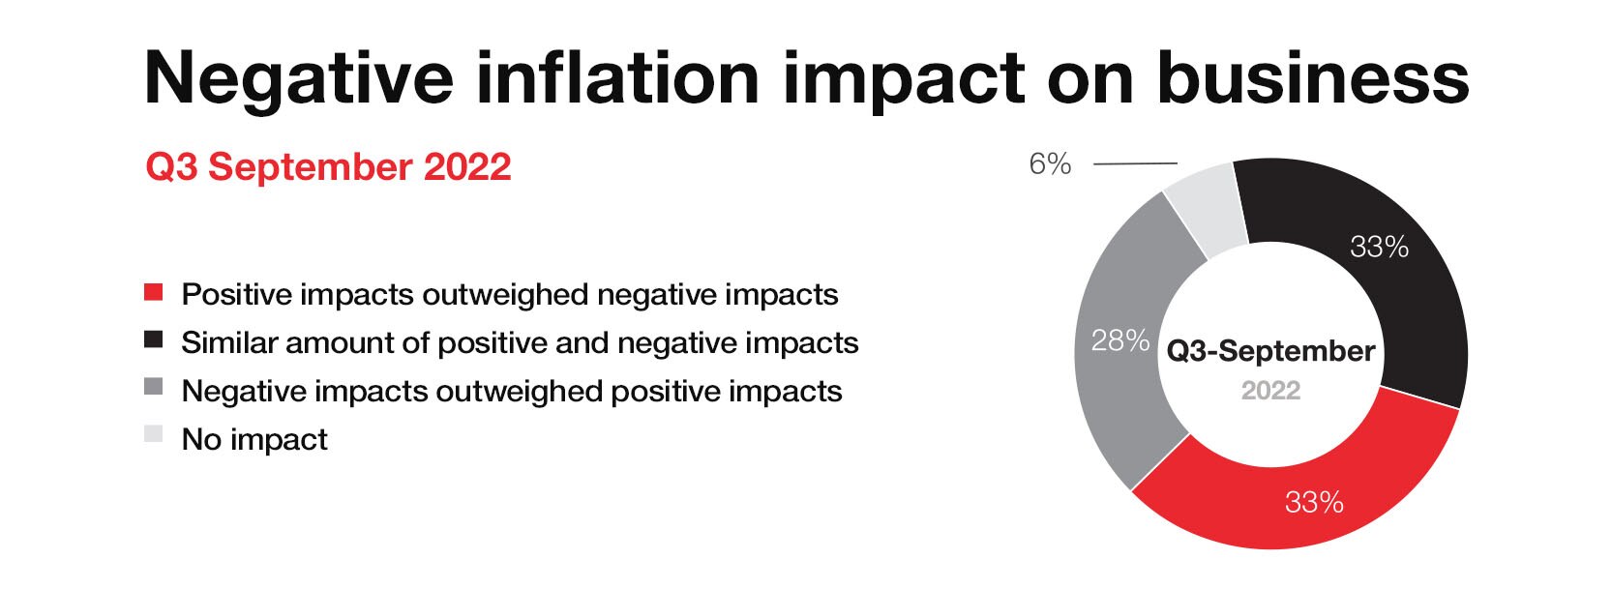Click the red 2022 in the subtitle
467,167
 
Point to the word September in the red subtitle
310,168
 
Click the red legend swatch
153,292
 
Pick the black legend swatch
153,339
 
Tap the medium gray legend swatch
153,387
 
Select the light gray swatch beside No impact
153,434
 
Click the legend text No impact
254,439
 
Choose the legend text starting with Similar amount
520,343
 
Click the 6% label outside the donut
1050,164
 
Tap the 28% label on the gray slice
1119,340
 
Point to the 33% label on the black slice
1379,247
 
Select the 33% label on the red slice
1314,502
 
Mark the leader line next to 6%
1136,164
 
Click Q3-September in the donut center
1270,352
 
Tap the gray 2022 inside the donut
1270,391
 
